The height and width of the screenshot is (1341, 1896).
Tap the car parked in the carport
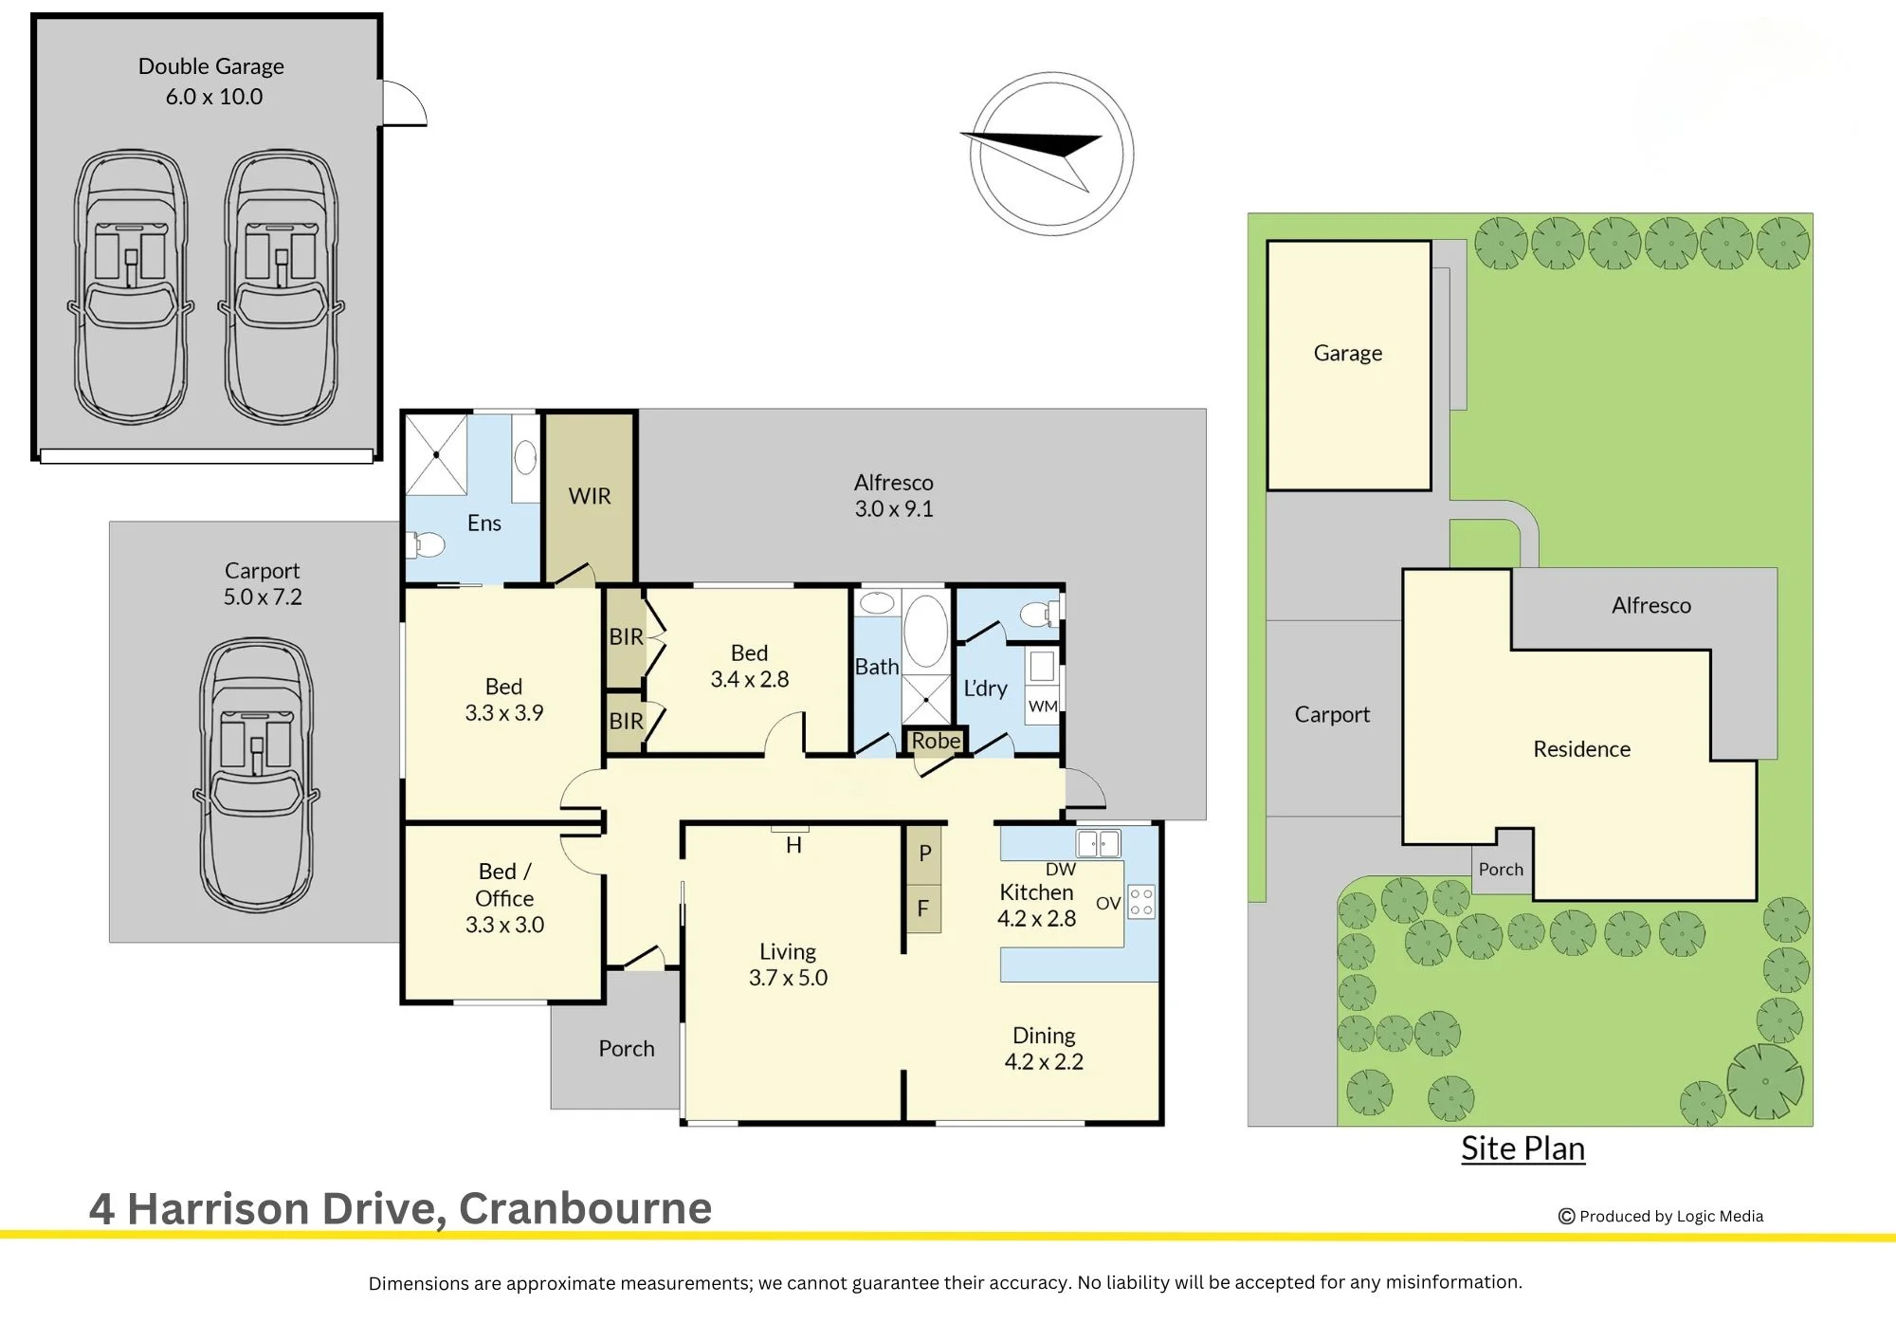256,776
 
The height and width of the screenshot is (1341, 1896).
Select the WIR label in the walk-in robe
590,496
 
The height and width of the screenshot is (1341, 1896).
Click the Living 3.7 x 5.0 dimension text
788,978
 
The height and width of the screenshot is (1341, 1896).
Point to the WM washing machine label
1043,707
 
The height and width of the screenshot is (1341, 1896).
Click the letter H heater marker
793,845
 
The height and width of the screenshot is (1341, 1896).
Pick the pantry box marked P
923,854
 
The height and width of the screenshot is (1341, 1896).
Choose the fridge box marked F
923,909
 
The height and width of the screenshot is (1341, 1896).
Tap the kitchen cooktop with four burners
1141,902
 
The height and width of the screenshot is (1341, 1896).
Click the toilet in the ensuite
426,545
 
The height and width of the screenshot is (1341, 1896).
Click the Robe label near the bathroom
936,741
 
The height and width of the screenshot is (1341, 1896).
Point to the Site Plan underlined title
1522,1148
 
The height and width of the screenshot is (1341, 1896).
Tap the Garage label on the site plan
1348,354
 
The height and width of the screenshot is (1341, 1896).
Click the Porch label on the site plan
1501,870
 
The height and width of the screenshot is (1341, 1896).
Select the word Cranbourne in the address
585,1208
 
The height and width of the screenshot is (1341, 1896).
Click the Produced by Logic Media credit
1661,1216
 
